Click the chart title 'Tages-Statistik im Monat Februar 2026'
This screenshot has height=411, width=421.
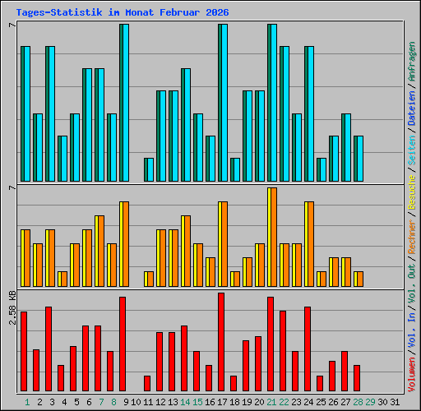[123, 13]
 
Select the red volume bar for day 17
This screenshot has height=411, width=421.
[221, 342]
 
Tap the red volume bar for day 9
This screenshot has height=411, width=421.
[123, 344]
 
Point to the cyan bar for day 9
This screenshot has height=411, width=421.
[124, 103]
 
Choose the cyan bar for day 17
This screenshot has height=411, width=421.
[223, 103]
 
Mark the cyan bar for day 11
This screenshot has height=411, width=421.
[149, 169]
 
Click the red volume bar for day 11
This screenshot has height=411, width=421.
[147, 383]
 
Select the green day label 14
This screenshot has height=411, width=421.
[185, 402]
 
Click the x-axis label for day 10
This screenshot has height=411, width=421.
[136, 402]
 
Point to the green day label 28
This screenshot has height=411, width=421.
[359, 402]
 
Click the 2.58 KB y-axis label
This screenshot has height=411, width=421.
[12, 307]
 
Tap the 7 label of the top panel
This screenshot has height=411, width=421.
[12, 25]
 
